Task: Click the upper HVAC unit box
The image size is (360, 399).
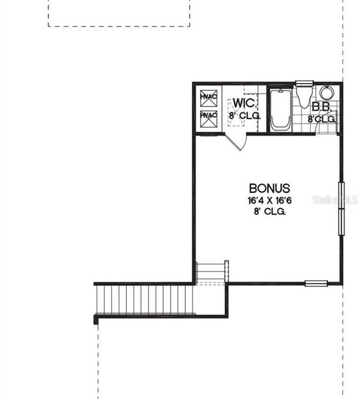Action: [209, 98]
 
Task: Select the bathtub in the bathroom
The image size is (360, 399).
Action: [281, 109]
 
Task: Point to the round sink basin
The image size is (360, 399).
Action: [327, 93]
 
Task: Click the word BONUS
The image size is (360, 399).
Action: [270, 188]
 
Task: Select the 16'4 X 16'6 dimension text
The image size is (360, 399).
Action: [270, 201]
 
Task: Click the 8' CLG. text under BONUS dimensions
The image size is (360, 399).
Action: [270, 212]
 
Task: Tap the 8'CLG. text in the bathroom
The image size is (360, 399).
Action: [322, 119]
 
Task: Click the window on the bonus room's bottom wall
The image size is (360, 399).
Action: [316, 284]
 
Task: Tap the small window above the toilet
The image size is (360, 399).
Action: [304, 84]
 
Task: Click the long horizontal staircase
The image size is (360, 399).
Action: [145, 299]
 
